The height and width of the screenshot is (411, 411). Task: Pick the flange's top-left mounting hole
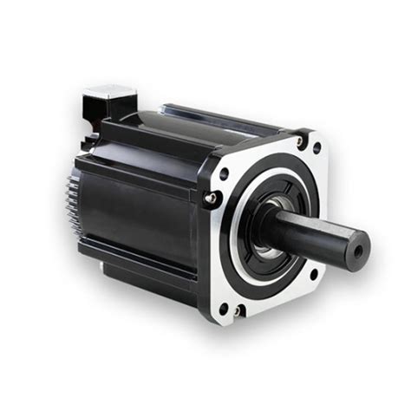pos(225,173)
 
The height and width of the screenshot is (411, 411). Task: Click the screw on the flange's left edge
pos(208,200)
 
